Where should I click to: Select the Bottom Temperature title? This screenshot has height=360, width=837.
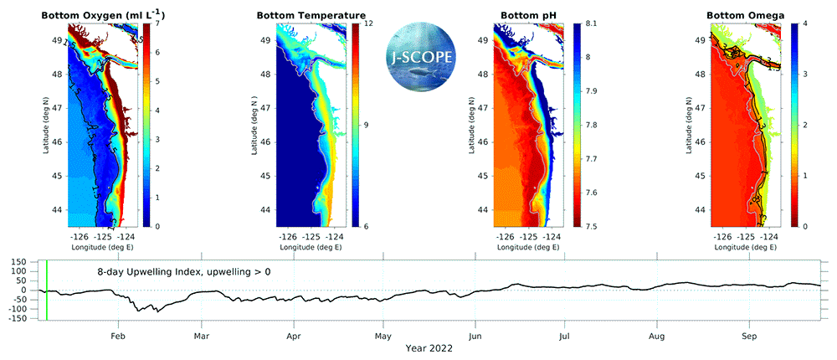click(311, 15)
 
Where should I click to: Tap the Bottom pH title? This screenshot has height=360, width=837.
click(529, 15)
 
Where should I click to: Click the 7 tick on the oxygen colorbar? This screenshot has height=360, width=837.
click(157, 23)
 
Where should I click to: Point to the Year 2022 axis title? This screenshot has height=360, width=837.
click(429, 348)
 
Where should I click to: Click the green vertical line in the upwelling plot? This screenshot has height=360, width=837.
click(48, 290)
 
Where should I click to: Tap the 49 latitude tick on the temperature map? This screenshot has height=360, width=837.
click(264, 39)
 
